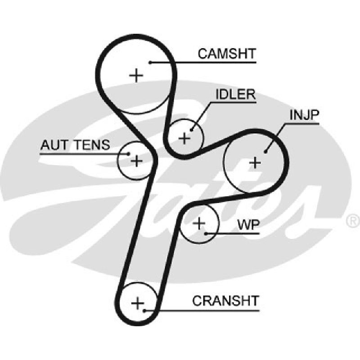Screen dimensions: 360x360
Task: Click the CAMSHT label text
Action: (x=227, y=54)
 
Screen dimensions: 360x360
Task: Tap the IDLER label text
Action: (x=236, y=94)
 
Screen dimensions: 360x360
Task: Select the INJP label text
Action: (x=304, y=115)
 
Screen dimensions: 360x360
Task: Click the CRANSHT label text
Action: (x=226, y=301)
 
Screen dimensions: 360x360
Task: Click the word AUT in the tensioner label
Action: (x=54, y=145)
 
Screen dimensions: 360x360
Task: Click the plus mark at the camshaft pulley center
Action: (x=136, y=75)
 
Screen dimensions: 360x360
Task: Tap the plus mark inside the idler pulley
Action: (x=184, y=139)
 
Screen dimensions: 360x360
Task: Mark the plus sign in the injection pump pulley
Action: (x=255, y=163)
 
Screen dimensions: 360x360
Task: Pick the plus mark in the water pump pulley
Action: (x=199, y=223)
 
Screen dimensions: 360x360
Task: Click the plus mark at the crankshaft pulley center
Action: (x=138, y=303)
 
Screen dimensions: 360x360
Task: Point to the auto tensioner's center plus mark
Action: (x=136, y=161)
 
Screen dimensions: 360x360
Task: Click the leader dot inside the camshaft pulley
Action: (x=150, y=63)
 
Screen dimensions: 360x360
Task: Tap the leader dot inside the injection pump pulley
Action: (x=265, y=152)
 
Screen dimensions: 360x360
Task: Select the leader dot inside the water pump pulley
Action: (x=206, y=234)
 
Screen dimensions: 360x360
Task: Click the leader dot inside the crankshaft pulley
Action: (x=144, y=310)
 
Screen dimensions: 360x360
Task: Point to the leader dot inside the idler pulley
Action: (x=192, y=130)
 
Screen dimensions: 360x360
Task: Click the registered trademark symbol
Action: (x=353, y=221)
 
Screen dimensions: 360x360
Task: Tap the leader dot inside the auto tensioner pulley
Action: (x=129, y=154)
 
